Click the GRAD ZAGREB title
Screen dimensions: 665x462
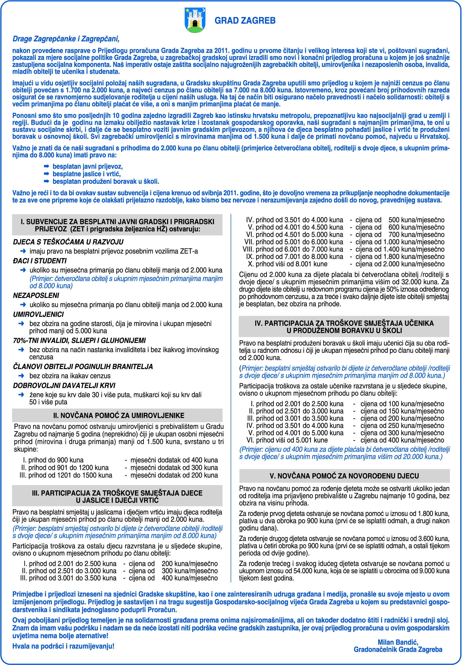click(245, 21)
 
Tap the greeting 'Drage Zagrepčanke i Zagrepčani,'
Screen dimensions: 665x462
click(66, 39)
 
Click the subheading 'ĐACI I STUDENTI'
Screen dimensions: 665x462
click(40, 261)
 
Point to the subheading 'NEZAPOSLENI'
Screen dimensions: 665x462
click(36, 295)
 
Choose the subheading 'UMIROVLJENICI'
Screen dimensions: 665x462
click(38, 314)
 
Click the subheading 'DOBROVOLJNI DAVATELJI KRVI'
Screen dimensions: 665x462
click(64, 385)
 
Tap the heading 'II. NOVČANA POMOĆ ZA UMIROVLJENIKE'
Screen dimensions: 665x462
click(119, 415)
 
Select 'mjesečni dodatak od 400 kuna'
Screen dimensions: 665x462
click(174, 460)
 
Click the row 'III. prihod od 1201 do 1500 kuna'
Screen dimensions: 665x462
click(66, 475)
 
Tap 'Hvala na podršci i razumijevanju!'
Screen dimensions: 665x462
click(63, 646)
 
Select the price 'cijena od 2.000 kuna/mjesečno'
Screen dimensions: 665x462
click(400, 264)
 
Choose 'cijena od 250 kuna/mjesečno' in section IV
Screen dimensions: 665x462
click(402, 426)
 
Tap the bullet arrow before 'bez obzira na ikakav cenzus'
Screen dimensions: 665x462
click(21, 376)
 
